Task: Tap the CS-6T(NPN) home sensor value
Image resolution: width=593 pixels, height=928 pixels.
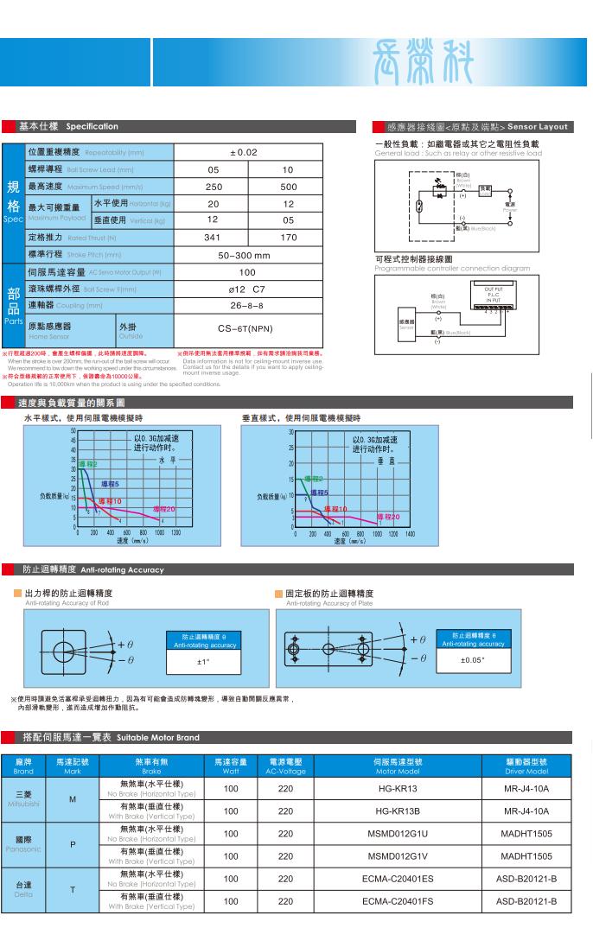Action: click(246, 328)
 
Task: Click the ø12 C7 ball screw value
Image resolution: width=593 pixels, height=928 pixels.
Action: click(246, 289)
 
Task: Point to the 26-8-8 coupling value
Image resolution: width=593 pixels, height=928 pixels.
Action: click(246, 305)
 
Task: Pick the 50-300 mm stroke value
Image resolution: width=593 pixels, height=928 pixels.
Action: click(244, 255)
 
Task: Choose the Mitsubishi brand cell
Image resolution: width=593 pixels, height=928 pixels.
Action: click(24, 799)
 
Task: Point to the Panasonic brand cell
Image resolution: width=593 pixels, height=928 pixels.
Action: click(24, 844)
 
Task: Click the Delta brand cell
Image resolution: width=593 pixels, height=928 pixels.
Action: click(24, 889)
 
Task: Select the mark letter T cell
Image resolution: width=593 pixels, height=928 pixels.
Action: click(72, 889)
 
